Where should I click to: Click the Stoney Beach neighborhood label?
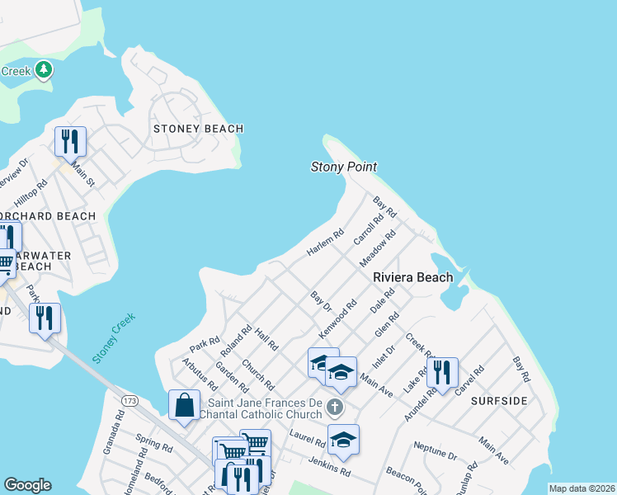pos(199,129)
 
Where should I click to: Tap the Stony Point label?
pos(343,167)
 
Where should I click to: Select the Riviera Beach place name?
pos(412,277)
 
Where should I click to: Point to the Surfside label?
pos(499,400)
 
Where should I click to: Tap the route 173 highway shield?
pos(129,400)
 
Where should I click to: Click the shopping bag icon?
pos(184,404)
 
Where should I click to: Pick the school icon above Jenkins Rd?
pos(343,439)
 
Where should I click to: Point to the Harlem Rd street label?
pos(324,243)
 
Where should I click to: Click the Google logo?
pos(27,485)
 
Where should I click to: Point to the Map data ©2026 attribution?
pos(582,488)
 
